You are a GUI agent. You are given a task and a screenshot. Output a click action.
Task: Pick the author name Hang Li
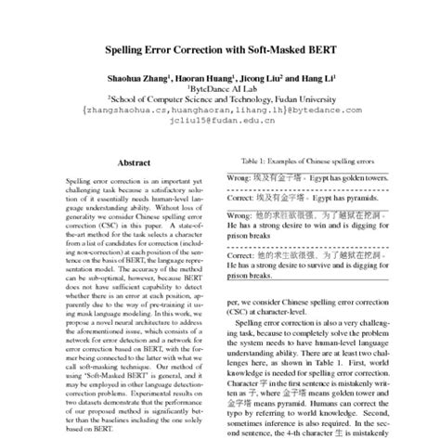pyautogui.click(x=317, y=76)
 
